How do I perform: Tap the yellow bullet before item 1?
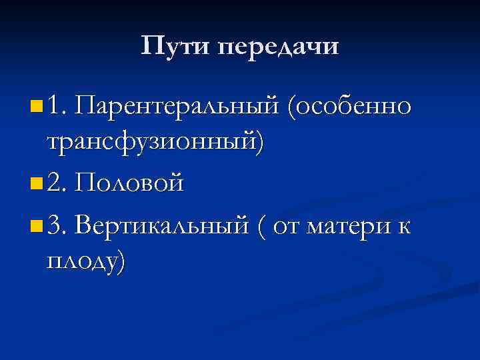pos(35,105)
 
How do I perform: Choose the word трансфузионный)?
pos(155,142)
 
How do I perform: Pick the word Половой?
pos(129,182)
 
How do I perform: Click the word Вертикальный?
pos(163,225)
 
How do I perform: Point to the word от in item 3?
pos(288,225)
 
